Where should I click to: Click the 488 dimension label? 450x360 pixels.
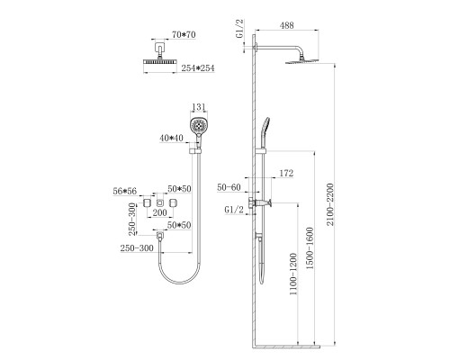pyautogui.click(x=286, y=25)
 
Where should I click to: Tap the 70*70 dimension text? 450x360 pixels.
pyautogui.click(x=184, y=35)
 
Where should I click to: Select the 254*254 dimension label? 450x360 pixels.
pyautogui.click(x=198, y=68)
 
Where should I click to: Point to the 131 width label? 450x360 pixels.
pyautogui.click(x=199, y=107)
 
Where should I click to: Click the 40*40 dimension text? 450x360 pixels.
pyautogui.click(x=171, y=138)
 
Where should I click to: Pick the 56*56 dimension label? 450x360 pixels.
pyautogui.click(x=124, y=191)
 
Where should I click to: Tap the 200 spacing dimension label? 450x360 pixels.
pyautogui.click(x=159, y=212)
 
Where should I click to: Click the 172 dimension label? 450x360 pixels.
pyautogui.click(x=286, y=174)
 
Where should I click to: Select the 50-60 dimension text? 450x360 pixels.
pyautogui.click(x=229, y=187)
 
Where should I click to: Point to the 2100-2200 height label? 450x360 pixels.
pyautogui.click(x=330, y=204)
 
